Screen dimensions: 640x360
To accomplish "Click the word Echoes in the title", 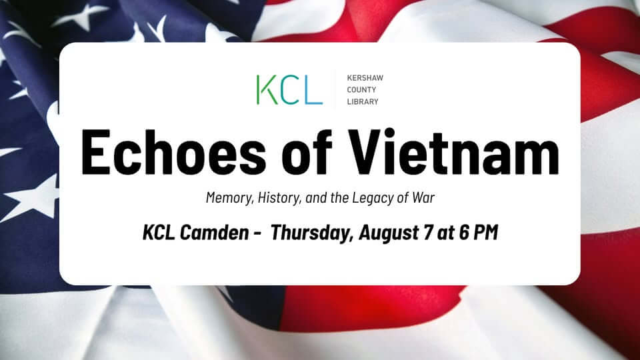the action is tap(173, 152).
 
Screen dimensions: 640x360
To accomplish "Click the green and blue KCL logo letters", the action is tap(289, 89).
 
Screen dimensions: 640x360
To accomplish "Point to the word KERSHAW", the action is tap(365, 77).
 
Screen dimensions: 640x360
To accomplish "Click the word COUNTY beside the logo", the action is tap(361, 89).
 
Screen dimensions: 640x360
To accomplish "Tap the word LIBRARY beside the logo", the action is tap(363, 101).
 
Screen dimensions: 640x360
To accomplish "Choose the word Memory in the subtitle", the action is tap(230, 198).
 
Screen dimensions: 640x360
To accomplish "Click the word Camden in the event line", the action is tap(214, 233).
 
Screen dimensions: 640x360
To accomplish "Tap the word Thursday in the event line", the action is tap(312, 233).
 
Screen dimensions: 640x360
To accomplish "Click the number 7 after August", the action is tap(428, 233).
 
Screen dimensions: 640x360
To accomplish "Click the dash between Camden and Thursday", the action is tap(257, 234).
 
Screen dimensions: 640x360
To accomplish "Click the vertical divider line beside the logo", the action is tap(335, 89).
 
